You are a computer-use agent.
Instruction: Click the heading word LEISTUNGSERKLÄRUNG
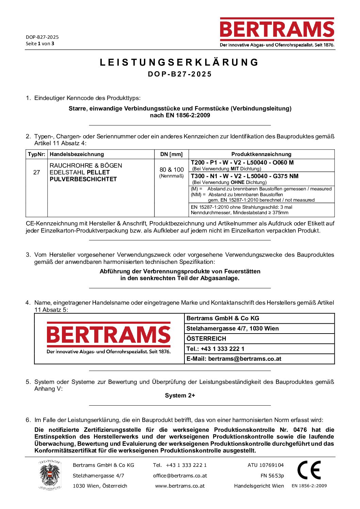(x=180, y=63)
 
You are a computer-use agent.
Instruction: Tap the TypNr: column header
(x=36, y=154)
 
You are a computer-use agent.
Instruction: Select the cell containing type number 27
(x=36, y=172)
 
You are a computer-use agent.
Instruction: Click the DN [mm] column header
(x=171, y=154)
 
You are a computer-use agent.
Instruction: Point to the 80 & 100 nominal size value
(x=171, y=170)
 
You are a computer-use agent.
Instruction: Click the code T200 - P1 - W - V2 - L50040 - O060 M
(x=242, y=163)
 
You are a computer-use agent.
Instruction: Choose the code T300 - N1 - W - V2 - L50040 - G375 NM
(x=244, y=176)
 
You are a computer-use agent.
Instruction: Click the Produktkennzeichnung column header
(x=261, y=154)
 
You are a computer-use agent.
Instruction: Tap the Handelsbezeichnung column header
(x=77, y=154)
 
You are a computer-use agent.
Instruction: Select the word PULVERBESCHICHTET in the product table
(x=83, y=179)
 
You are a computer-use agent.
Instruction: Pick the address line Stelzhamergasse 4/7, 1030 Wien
(x=233, y=328)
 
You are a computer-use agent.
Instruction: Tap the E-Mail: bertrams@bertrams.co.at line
(x=234, y=359)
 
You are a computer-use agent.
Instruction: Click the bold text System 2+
(x=180, y=395)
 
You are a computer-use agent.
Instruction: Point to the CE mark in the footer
(x=309, y=470)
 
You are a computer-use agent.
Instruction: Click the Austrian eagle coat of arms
(x=50, y=475)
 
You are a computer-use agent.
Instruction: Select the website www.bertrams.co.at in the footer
(x=180, y=486)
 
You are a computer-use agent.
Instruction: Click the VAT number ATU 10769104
(x=266, y=465)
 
